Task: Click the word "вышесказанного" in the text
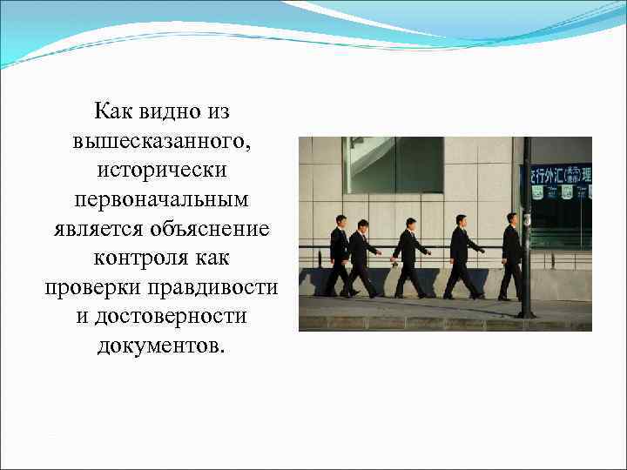[161, 141]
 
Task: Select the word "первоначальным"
[161, 199]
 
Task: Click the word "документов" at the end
[159, 346]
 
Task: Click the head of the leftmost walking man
[340, 220]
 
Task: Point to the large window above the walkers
[394, 164]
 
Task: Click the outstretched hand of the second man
[379, 253]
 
